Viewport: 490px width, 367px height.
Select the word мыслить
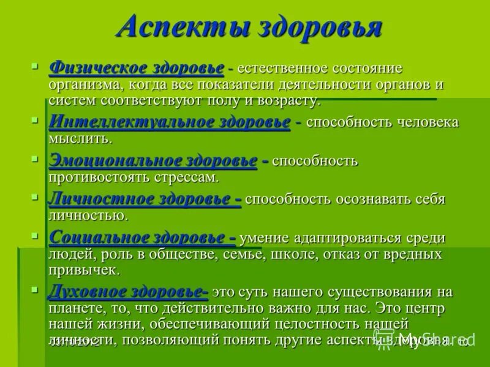[x=80, y=138]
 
